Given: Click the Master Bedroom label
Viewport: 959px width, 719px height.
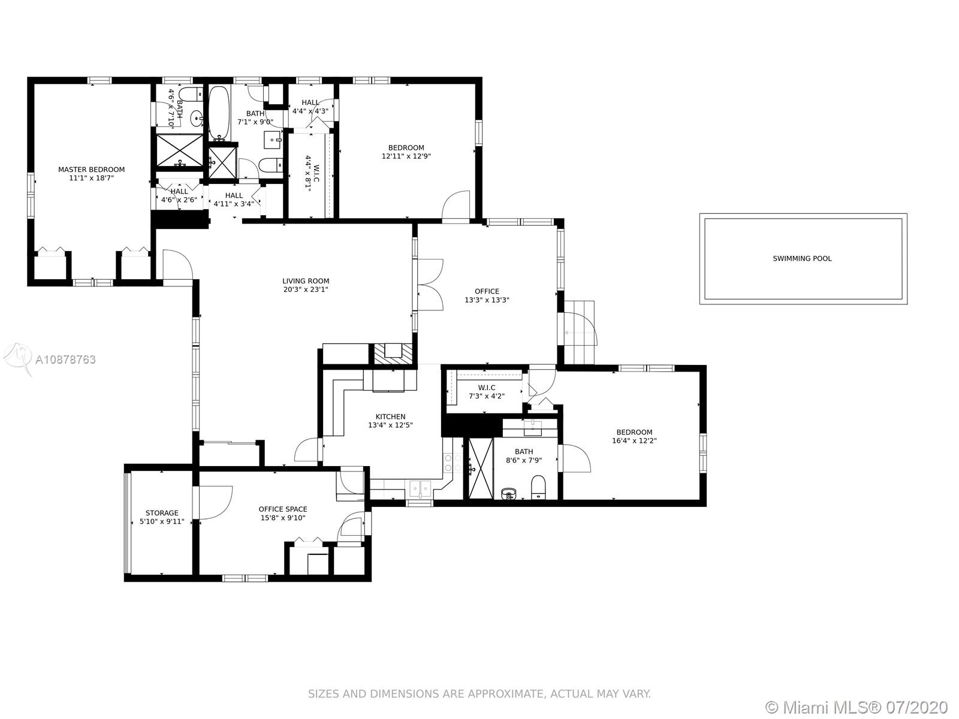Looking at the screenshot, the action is point(91,170).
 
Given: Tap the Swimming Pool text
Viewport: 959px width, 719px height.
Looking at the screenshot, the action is point(802,258).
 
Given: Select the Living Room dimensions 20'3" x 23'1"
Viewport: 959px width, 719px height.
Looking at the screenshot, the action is point(306,289).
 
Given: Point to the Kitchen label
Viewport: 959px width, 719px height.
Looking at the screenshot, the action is point(391,416).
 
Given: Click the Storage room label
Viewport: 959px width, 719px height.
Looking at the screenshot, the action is point(162,513).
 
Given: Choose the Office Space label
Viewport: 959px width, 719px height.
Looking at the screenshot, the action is point(283,509).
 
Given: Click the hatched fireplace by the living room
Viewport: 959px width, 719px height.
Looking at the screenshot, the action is point(393,354).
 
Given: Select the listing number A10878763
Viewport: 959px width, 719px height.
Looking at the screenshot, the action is point(65,359).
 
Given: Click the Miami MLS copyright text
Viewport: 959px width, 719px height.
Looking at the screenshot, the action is point(857,707).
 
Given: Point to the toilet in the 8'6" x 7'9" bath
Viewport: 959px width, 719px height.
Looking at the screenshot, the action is point(538,487).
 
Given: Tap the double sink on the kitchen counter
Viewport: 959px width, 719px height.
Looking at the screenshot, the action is point(420,490).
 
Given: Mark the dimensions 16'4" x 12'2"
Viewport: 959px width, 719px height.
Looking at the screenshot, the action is point(634,440).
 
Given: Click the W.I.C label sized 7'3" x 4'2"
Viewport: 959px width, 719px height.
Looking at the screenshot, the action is point(487,388).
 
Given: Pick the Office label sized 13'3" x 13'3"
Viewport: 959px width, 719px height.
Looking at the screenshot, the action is point(487,291).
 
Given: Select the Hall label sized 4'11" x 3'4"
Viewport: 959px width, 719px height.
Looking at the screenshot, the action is point(234,195).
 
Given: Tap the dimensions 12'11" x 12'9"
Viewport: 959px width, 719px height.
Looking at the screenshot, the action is point(406,156).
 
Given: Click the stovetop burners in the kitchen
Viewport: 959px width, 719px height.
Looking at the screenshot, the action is point(453,463).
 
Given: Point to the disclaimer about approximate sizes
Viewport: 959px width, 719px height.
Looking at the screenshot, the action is point(479,693).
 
